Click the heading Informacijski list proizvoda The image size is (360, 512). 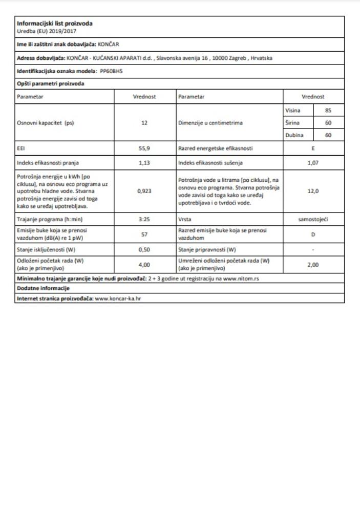pyautogui.click(x=55, y=23)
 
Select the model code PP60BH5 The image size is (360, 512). pyautogui.click(x=111, y=71)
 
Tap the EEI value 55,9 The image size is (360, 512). pyautogui.click(x=144, y=148)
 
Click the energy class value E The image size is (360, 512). pyautogui.click(x=313, y=148)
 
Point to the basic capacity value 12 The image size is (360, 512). pyautogui.click(x=144, y=123)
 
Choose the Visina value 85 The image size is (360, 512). pyautogui.click(x=328, y=110)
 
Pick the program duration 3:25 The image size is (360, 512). pyautogui.click(x=144, y=220)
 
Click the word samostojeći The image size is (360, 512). pyautogui.click(x=313, y=220)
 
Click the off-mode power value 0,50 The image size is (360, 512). pyautogui.click(x=144, y=250)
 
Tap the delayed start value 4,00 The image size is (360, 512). pyautogui.click(x=144, y=265)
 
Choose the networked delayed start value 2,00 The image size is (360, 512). pyautogui.click(x=313, y=265)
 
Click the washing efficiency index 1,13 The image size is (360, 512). pyautogui.click(x=144, y=163)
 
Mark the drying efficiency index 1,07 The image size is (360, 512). pyautogui.click(x=313, y=163)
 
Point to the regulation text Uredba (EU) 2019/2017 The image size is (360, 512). pyautogui.click(x=41, y=31)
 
